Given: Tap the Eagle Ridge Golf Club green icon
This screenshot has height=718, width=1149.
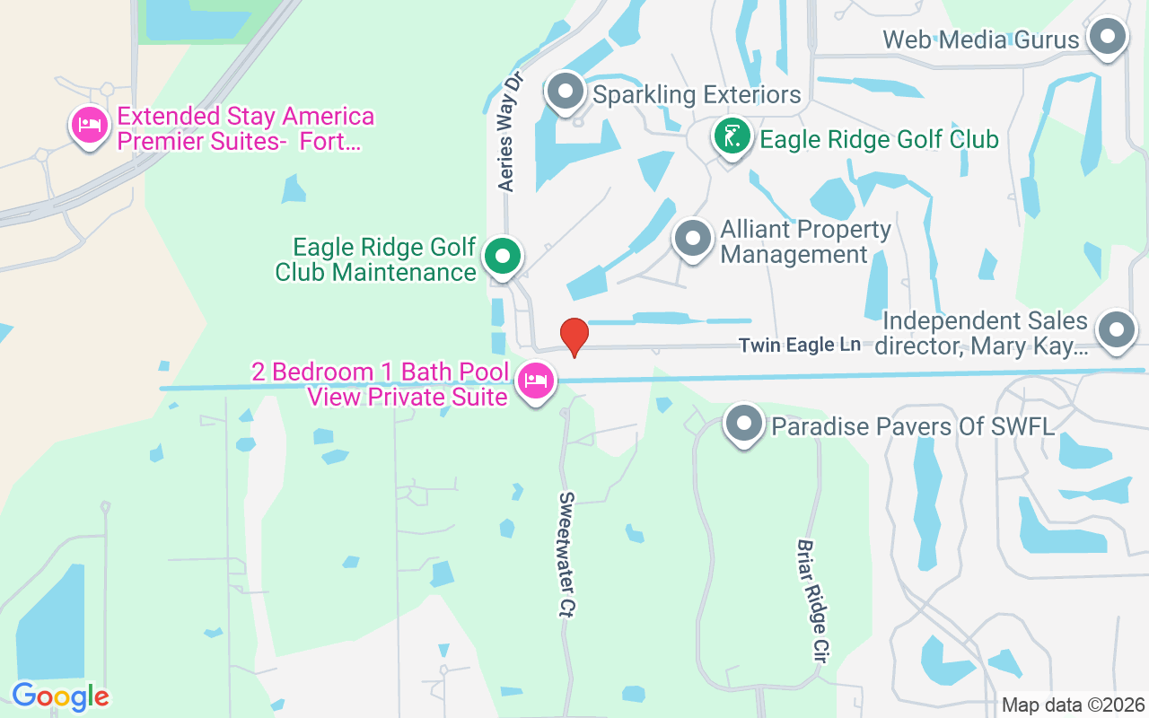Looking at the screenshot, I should pyautogui.click(x=732, y=136).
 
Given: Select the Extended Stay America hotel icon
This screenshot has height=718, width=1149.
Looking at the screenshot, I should pyautogui.click(x=89, y=126).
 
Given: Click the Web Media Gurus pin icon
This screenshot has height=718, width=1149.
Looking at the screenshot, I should pyautogui.click(x=1107, y=38).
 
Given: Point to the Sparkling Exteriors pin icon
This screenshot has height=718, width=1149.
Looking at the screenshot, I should pyautogui.click(x=566, y=91).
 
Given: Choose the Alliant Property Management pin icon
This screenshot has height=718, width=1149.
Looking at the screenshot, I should pyautogui.click(x=692, y=239).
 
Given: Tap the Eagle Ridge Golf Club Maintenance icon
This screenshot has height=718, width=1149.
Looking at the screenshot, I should pyautogui.click(x=503, y=257).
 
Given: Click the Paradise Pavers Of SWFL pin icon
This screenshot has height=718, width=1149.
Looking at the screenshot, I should pyautogui.click(x=743, y=423).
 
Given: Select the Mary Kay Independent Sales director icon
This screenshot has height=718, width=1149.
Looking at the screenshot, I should pyautogui.click(x=1117, y=329).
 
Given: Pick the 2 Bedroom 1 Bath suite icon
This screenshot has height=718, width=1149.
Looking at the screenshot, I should pyautogui.click(x=537, y=381).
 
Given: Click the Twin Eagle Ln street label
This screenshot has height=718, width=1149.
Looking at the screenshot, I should pyautogui.click(x=799, y=345).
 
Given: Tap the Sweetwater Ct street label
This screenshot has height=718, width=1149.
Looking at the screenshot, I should pyautogui.click(x=566, y=553).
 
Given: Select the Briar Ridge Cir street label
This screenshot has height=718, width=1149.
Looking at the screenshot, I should pyautogui.click(x=812, y=600).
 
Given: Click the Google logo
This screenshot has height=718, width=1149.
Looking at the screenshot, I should pyautogui.click(x=60, y=696).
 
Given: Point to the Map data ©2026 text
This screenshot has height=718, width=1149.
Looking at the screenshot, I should pyautogui.click(x=1074, y=705).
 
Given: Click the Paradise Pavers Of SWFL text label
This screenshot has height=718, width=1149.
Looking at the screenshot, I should pyautogui.click(x=913, y=425).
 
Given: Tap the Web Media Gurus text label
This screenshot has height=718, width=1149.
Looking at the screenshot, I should pyautogui.click(x=980, y=39).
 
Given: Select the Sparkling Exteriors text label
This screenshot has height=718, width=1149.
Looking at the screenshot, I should pyautogui.click(x=697, y=94).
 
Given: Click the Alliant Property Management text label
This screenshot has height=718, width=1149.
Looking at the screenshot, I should pyautogui.click(x=805, y=242).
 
